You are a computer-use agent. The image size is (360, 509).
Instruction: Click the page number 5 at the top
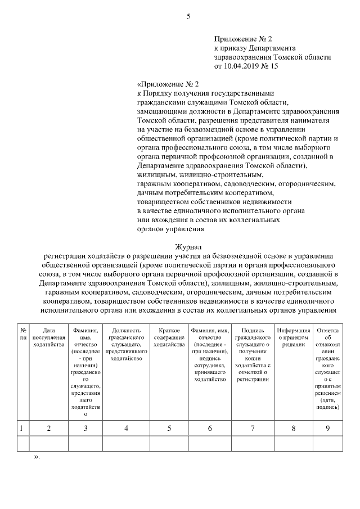188,16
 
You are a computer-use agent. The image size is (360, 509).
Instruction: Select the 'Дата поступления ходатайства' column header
48,337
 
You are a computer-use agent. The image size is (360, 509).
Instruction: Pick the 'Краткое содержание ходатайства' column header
169,337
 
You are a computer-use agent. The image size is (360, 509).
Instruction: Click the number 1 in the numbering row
22,429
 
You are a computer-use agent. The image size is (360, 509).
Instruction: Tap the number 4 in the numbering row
126,429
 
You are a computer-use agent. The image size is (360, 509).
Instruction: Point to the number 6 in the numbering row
210,429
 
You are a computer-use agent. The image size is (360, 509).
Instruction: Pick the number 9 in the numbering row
327,429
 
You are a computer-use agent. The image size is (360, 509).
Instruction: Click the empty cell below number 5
169,444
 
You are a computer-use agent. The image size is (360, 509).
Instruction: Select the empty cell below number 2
48,444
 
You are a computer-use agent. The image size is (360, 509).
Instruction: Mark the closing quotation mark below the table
37,457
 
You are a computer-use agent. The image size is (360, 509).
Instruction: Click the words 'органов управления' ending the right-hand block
170,229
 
